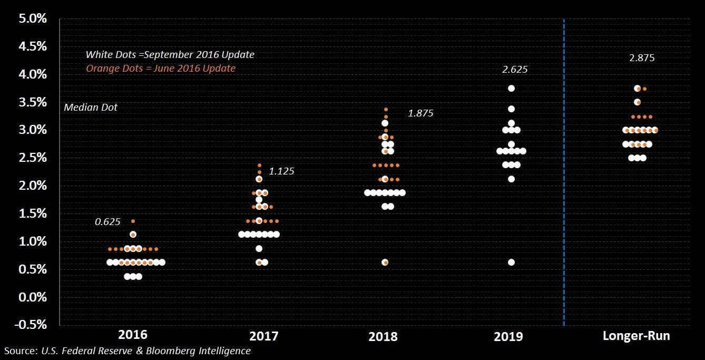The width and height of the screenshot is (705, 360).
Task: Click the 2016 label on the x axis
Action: pyautogui.click(x=133, y=336)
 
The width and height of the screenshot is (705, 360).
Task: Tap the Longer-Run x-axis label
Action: pyautogui.click(x=637, y=336)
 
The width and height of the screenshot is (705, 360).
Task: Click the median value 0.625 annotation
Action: pyautogui.click(x=107, y=222)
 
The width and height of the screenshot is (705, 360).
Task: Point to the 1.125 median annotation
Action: pyautogui.click(x=282, y=171)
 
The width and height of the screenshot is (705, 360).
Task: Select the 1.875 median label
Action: pyautogui.click(x=420, y=113)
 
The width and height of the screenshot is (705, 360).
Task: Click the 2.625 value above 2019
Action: pyautogui.click(x=515, y=70)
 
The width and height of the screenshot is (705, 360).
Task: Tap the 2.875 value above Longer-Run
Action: pyautogui.click(x=642, y=58)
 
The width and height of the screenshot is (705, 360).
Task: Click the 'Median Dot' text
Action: pyautogui.click(x=91, y=108)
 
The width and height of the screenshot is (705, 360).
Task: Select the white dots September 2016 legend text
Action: pyautogui.click(x=170, y=55)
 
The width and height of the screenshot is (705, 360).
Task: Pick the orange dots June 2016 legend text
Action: pyautogui.click(x=161, y=69)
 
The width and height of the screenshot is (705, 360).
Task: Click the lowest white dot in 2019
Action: pyautogui.click(x=511, y=262)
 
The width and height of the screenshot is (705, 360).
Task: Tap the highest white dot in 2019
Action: pyautogui.click(x=511, y=89)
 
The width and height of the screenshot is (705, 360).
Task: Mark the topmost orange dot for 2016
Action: pyautogui.click(x=133, y=221)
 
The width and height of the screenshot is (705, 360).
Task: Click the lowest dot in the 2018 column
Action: pyautogui.click(x=385, y=262)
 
